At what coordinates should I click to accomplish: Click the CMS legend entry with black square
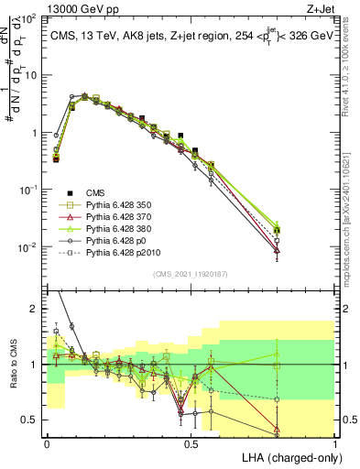(96, 193)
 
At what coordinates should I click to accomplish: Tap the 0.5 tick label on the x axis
(191, 442)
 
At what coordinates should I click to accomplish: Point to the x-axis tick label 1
(335, 442)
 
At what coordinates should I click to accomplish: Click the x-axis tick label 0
(47, 442)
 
